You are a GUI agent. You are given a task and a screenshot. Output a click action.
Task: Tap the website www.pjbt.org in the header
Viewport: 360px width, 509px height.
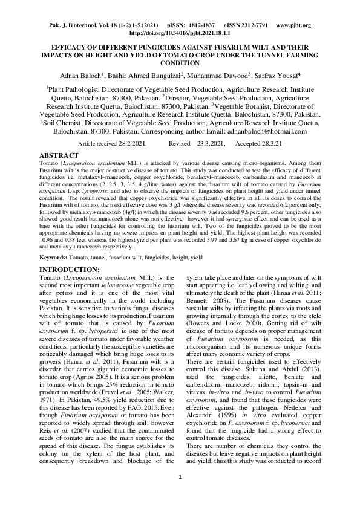point(293,26)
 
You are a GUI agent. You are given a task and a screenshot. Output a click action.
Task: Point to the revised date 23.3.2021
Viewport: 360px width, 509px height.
point(210,143)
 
